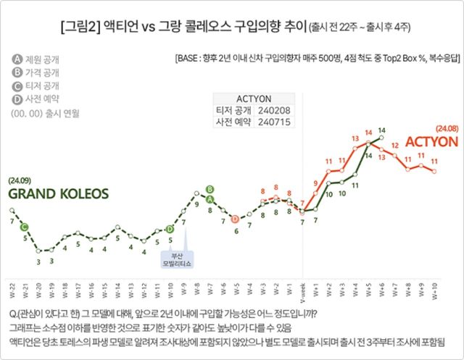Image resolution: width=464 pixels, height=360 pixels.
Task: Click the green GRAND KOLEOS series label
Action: (x=58, y=194)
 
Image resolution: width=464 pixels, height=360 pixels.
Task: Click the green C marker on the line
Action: (x=25, y=227)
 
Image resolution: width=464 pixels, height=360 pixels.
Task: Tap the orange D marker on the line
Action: (x=235, y=219)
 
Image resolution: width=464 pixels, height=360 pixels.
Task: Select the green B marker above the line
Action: (x=210, y=189)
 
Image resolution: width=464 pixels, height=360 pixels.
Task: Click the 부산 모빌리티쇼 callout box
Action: (x=176, y=259)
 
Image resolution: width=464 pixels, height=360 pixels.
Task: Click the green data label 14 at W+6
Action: (x=381, y=130)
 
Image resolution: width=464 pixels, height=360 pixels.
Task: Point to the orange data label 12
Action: (x=394, y=145)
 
